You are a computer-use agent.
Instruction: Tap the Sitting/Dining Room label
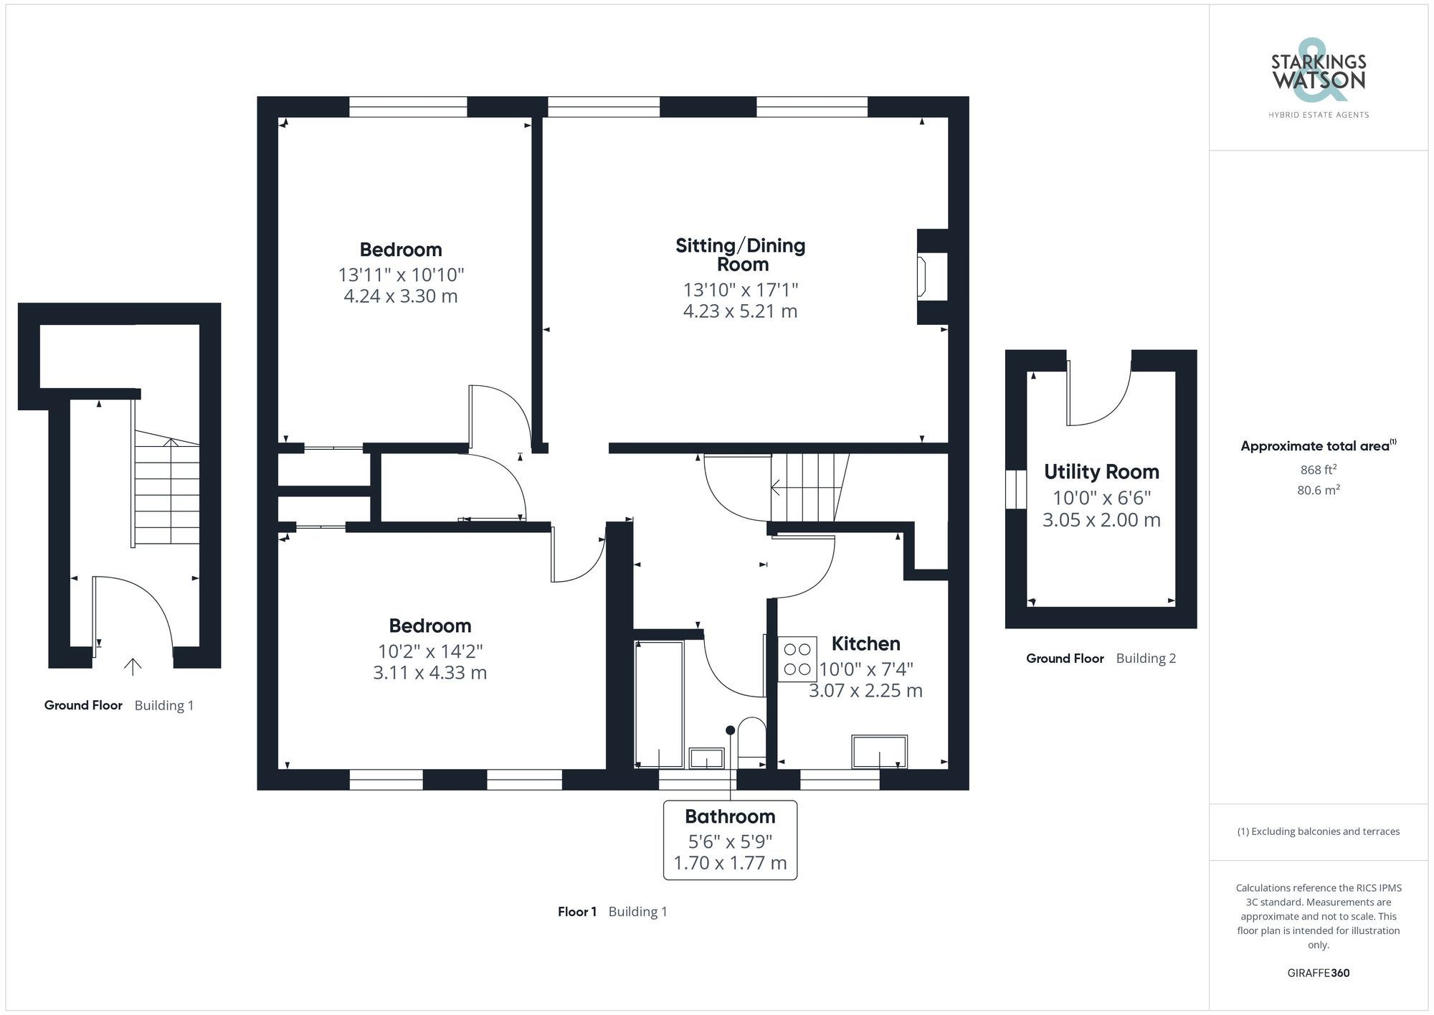coord(740,255)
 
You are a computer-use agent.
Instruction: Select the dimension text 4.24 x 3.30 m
coord(400,296)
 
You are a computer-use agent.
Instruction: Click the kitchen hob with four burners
coord(797,659)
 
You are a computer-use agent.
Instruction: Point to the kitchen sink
coord(879,751)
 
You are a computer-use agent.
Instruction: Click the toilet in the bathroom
coord(751,737)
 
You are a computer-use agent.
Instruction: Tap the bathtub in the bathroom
coord(659,704)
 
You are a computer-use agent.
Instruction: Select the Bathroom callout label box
coord(730,839)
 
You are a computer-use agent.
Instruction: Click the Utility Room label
coord(1101,472)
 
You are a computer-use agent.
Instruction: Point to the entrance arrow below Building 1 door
coord(133,666)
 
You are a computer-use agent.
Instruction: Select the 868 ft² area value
coord(1318,471)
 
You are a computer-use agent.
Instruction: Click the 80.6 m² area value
coord(1318,491)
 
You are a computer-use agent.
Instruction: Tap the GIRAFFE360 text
coord(1318,973)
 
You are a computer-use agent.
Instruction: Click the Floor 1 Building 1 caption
coord(612,912)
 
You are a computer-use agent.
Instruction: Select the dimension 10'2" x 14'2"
coord(429,651)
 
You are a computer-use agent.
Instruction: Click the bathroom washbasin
coord(706,758)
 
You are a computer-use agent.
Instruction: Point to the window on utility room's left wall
coord(1015,489)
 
